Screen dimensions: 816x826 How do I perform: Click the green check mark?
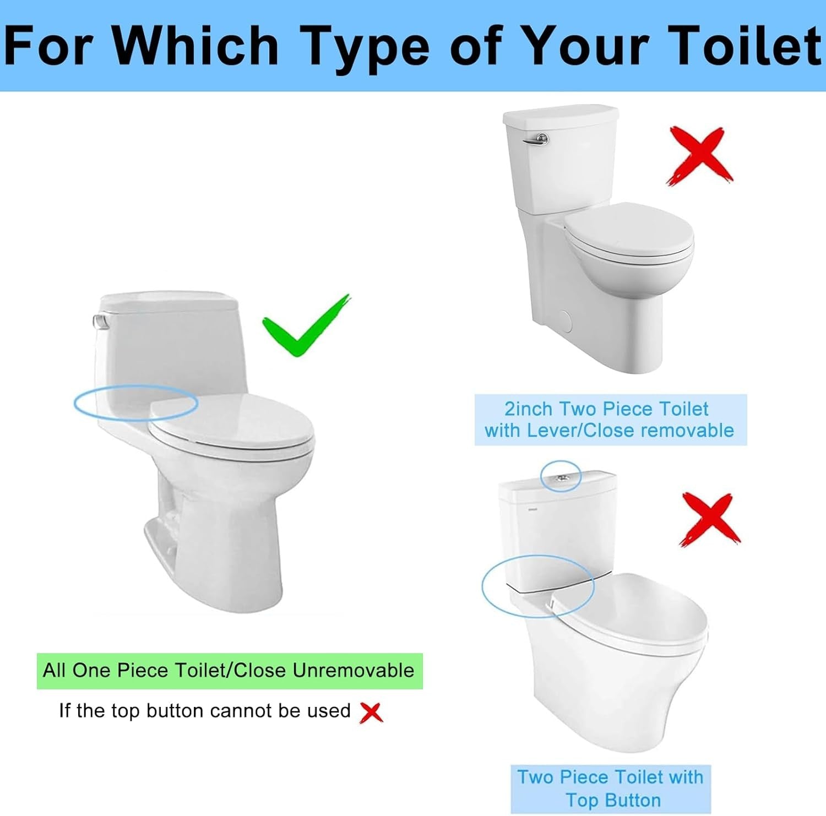(305, 328)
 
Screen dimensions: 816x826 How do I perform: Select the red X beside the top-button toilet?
(710, 519)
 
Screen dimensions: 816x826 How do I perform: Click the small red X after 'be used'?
(371, 712)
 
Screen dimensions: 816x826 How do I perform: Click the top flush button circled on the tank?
(561, 477)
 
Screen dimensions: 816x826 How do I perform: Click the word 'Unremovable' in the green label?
(353, 671)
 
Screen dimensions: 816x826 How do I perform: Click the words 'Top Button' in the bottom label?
(613, 799)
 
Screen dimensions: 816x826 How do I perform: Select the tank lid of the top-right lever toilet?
(561, 116)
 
